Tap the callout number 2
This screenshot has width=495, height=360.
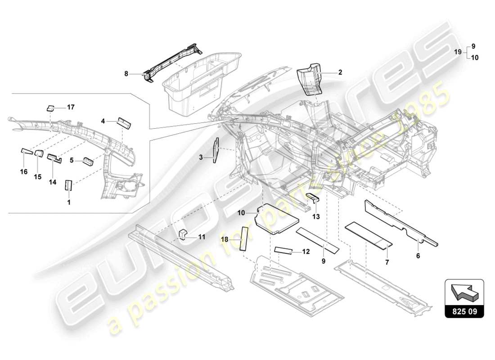point(340,72)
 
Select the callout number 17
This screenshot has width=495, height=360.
point(70,108)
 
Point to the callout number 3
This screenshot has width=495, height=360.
point(202,157)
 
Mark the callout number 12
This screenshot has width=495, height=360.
point(306,252)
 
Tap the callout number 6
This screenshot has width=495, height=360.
point(418,256)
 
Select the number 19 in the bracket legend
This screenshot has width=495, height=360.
point(457,52)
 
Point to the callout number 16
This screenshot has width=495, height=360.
point(23,171)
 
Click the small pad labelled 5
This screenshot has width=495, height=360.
point(88,161)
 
